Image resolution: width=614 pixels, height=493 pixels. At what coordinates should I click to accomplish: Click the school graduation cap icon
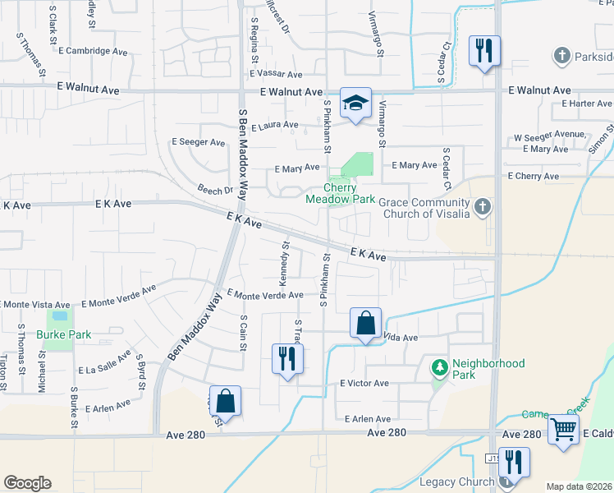pyautogui.click(x=355, y=104)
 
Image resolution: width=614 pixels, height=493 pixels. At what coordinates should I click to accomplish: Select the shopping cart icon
pyautogui.click(x=563, y=428)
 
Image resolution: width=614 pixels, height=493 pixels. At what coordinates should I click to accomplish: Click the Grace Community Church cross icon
pyautogui.click(x=483, y=206)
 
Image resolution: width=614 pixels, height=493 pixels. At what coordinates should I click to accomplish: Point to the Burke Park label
pyautogui.click(x=63, y=334)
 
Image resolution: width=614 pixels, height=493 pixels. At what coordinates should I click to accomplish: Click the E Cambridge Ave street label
pyautogui.click(x=94, y=50)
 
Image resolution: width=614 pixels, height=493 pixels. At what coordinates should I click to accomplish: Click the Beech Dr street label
pyautogui.click(x=215, y=190)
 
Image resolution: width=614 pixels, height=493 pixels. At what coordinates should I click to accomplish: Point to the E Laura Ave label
pyautogui.click(x=276, y=127)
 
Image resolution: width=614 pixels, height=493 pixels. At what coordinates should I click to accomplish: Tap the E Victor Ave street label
pyautogui.click(x=364, y=383)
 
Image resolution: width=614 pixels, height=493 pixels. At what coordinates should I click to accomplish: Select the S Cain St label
pyautogui.click(x=243, y=332)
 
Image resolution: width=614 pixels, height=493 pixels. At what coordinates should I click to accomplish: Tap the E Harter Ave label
pyautogui.click(x=588, y=104)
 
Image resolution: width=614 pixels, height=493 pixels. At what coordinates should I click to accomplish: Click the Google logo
pyautogui.click(x=27, y=483)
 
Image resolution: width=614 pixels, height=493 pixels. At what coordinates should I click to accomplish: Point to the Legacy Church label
pyautogui.click(x=458, y=481)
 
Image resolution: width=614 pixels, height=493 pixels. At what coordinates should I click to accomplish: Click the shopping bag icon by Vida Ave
pyautogui.click(x=365, y=324)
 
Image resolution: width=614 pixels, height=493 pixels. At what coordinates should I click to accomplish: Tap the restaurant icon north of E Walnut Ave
pyautogui.click(x=484, y=51)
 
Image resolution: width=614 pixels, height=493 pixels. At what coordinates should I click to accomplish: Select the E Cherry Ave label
pyautogui.click(x=533, y=176)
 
